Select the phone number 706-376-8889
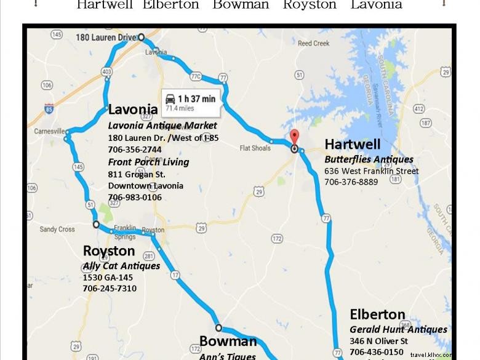pos(351,182)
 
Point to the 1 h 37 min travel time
pos(196,98)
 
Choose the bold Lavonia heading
pos(133,110)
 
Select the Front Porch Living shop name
pos(148,162)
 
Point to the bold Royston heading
pos(109,251)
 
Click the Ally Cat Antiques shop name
pos(121,266)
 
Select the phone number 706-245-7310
pos(110,289)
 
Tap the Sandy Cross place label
pos(57,230)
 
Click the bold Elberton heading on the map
pos(377,314)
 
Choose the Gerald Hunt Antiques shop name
pos(398,330)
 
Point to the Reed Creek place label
pos(313,44)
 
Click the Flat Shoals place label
pos(255,148)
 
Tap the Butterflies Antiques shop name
pos(369,160)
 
